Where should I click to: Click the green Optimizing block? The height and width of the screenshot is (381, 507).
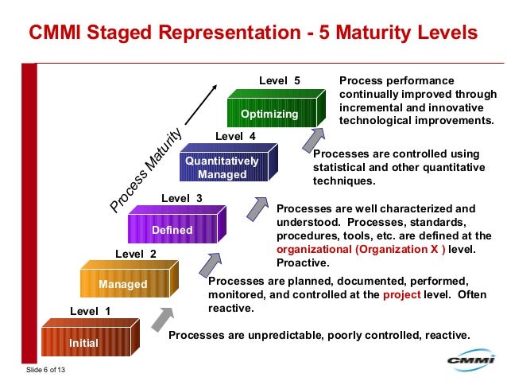point(269,114)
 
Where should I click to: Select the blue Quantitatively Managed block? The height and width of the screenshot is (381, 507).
point(222,168)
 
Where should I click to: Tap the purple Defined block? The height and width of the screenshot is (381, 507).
point(172,230)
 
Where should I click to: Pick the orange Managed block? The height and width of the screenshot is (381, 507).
point(122,284)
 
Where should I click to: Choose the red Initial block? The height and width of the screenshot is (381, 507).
point(83,343)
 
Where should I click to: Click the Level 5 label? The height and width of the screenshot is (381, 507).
point(280,80)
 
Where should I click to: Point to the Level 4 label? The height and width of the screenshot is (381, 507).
point(235,136)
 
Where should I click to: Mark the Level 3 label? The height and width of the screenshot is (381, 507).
point(182,197)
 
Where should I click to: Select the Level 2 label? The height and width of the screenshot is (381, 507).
point(136,254)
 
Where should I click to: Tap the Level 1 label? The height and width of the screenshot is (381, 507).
point(91,311)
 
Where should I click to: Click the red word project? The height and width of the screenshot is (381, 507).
point(401,294)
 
